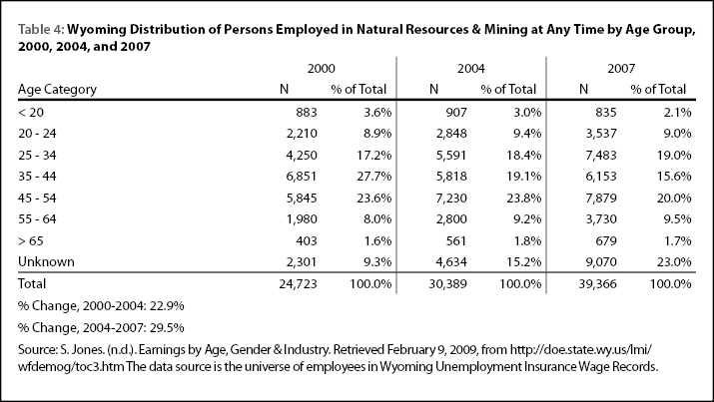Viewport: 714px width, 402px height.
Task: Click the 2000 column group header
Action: pyautogui.click(x=321, y=69)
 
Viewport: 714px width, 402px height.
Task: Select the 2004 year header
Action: pyautogui.click(x=470, y=69)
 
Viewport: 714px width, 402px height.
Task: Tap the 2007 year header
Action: pyautogui.click(x=621, y=69)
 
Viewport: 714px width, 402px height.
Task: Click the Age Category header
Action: pyautogui.click(x=57, y=90)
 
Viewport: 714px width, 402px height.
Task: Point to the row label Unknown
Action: pyautogui.click(x=46, y=262)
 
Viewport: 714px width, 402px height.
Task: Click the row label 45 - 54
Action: pyautogui.click(x=37, y=198)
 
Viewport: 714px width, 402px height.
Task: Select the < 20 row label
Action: pyautogui.click(x=31, y=113)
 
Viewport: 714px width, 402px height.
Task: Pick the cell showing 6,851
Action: pyautogui.click(x=302, y=177)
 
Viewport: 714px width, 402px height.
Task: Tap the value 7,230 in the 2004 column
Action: pyautogui.click(x=451, y=198)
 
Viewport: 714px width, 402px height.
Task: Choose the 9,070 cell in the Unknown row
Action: pyautogui.click(x=601, y=262)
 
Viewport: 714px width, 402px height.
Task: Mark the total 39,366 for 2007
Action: pyautogui.click(x=597, y=283)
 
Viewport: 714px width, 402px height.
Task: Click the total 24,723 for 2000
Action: pyautogui.click(x=298, y=283)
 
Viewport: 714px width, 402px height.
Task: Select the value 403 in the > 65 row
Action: pyautogui.click(x=306, y=240)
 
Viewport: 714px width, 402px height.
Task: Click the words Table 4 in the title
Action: pyautogui.click(x=41, y=30)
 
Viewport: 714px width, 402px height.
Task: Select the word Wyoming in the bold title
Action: pyautogui.click(x=97, y=31)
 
